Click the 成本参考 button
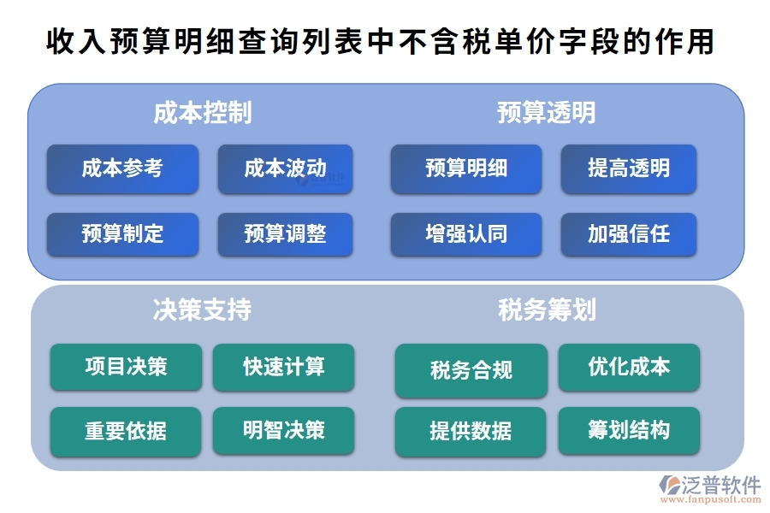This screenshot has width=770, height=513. click(x=122, y=168)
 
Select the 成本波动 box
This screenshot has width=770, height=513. click(x=285, y=168)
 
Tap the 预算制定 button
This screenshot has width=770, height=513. click(x=122, y=233)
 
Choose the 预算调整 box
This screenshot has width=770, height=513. click(x=285, y=233)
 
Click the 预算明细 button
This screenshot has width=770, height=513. click(x=466, y=168)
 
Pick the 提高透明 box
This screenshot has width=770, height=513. click(x=629, y=168)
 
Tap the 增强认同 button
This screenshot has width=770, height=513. click(x=466, y=233)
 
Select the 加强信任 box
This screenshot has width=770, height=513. click(x=629, y=233)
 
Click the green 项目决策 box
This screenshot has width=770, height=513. click(x=126, y=367)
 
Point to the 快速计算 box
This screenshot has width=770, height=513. click(x=283, y=367)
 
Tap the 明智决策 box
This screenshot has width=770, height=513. click(x=283, y=430)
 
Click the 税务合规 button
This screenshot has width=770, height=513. click(x=471, y=370)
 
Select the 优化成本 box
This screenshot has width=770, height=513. click(x=629, y=367)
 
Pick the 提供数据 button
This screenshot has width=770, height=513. click(x=471, y=431)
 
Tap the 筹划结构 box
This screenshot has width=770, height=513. click(x=629, y=430)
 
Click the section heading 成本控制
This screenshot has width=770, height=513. click(x=203, y=113)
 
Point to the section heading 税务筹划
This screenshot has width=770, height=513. click(x=547, y=310)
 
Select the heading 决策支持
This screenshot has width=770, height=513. click(x=203, y=310)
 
